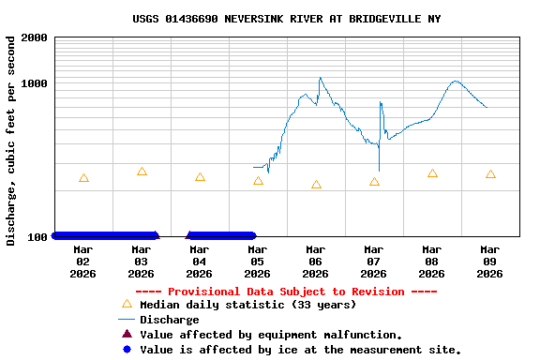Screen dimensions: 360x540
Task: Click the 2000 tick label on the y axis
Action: [x=34, y=37]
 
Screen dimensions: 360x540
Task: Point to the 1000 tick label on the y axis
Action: [x=34, y=83]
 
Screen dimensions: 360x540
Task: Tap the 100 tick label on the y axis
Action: [x=37, y=236]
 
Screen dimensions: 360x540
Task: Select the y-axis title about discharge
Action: [x=11, y=141]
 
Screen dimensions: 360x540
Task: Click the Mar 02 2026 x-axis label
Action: [x=82, y=262]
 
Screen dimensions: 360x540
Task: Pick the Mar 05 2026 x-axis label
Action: [x=257, y=262]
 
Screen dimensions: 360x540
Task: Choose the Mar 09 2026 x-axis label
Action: [x=489, y=262]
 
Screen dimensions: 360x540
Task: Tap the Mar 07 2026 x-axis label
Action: [x=373, y=262]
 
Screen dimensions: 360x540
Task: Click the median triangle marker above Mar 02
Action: [x=83, y=178]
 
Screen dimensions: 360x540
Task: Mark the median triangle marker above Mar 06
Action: [x=316, y=185]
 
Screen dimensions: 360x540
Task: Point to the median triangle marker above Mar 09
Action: [x=490, y=174]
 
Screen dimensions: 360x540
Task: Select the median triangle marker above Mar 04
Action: [x=200, y=177]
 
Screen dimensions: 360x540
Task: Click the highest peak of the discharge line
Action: [x=320, y=78]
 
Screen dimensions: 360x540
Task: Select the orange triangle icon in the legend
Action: [x=127, y=304]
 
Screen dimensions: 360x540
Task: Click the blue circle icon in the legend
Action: [x=127, y=349]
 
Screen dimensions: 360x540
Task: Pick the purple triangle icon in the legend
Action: [x=127, y=334]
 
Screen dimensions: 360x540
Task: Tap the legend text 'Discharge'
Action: [x=169, y=320]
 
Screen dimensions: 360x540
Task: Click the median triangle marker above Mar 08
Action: [x=432, y=173]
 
